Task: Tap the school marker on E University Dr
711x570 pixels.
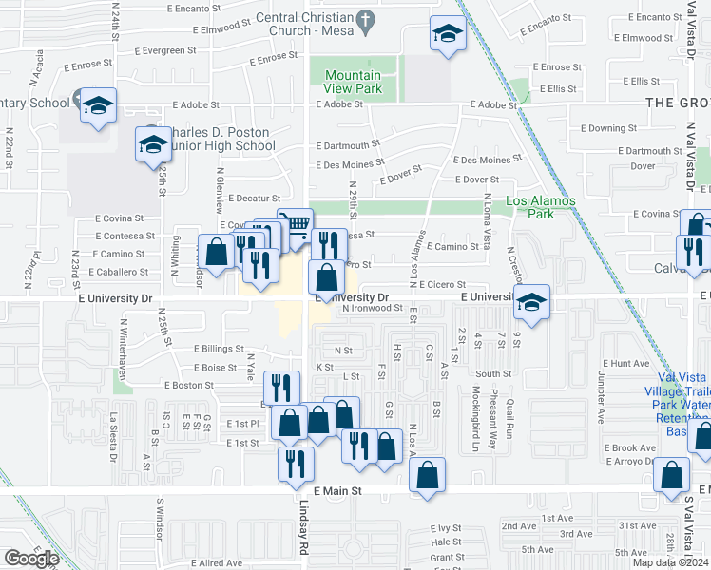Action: pos(532,302)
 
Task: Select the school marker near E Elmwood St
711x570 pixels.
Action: pos(446,34)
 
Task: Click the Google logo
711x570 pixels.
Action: pos(31,559)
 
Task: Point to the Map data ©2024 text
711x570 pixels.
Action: pos(669,562)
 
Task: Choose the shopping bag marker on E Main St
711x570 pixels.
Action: pos(428,476)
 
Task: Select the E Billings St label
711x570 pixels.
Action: pos(219,349)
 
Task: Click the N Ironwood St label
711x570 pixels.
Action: pos(379,308)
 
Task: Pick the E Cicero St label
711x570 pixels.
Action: pos(437,284)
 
